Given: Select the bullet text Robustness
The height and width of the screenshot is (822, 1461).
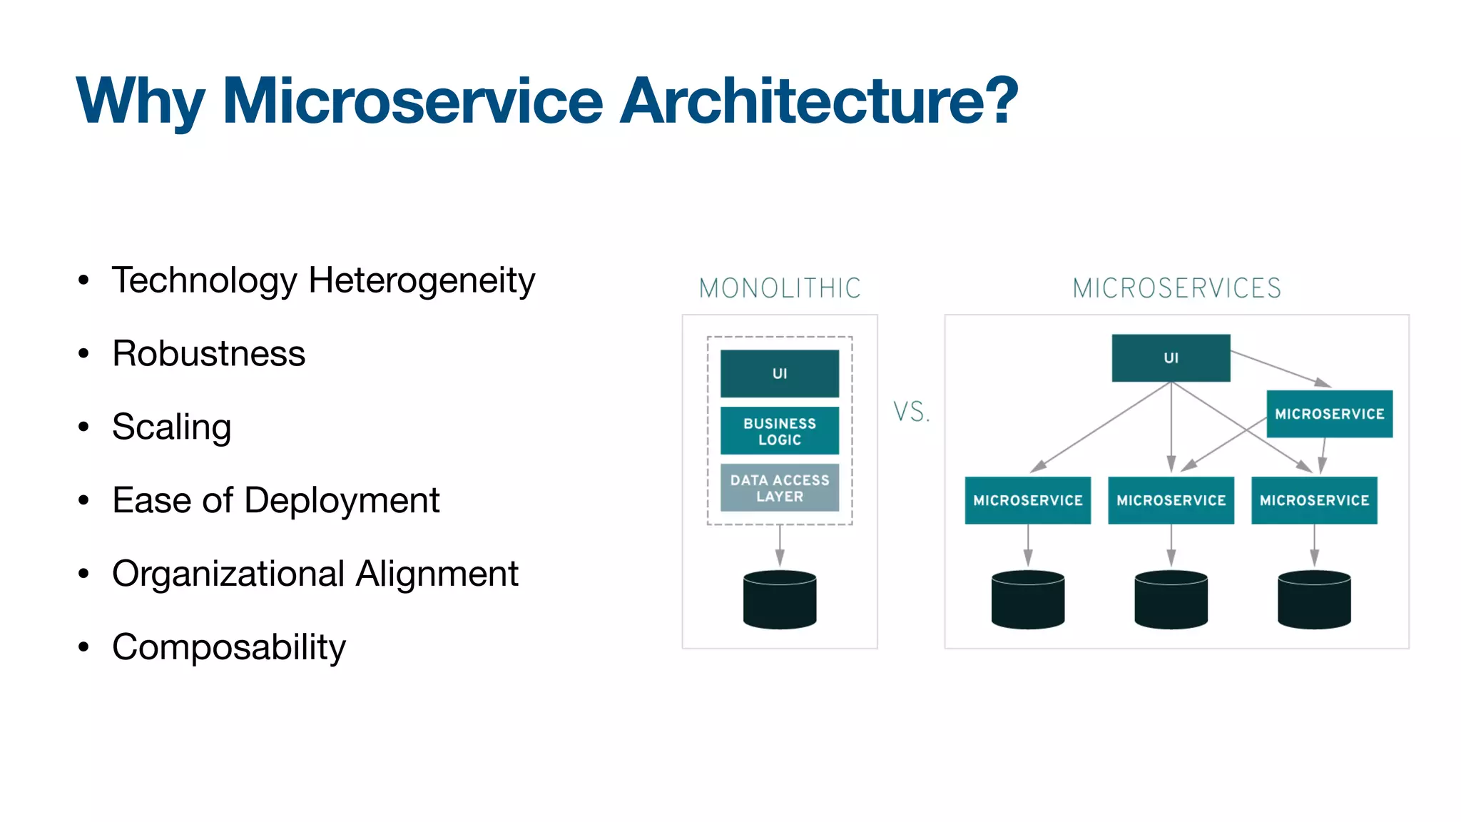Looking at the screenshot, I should tap(208, 354).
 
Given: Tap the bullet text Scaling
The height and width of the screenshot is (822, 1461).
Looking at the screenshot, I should tap(171, 427).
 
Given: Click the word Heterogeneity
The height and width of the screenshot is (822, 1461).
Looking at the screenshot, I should tap(422, 280).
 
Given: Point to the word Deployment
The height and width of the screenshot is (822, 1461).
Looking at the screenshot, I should tap(342, 500).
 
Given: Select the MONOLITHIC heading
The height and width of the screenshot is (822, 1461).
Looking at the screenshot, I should tap(780, 288).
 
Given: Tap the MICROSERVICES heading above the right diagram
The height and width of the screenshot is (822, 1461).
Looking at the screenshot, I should tap(1176, 288).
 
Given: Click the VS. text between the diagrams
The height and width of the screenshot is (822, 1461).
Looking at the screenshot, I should tap(911, 412).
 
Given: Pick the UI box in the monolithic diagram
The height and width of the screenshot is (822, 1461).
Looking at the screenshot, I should tap(779, 373).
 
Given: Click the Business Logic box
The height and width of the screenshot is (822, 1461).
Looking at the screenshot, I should tap(779, 431).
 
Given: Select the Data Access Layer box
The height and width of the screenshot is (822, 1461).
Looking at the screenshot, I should tap(779, 488).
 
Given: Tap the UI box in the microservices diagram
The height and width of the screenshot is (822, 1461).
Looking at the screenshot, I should tap(1171, 357).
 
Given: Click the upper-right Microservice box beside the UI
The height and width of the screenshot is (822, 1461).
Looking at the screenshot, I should tap(1329, 414).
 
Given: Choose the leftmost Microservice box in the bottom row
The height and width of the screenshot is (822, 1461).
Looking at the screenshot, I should tap(1027, 500).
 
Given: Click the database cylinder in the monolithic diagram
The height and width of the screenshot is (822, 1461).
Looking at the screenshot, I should tap(779, 599).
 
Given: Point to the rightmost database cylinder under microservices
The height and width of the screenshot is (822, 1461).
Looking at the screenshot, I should tap(1314, 599).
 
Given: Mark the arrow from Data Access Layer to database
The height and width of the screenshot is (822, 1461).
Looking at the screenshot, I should tap(780, 547).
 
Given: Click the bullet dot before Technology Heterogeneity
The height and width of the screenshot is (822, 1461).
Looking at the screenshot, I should tap(83, 280).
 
